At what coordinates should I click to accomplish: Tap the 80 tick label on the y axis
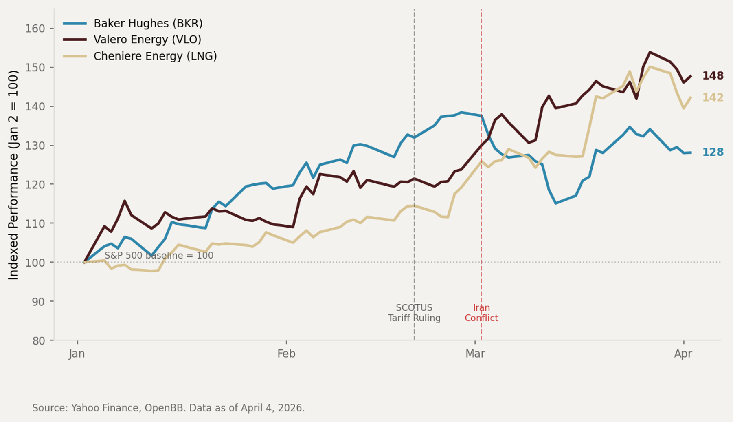39,340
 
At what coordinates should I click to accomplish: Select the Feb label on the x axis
286,354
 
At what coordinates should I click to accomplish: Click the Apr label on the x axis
683,354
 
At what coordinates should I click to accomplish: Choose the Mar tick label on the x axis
475,354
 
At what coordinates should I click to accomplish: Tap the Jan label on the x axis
77,354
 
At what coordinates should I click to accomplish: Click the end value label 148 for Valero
713,76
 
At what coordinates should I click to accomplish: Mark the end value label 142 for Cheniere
713,98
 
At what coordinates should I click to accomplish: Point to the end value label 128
713,152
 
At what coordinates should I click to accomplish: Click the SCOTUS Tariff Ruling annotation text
414,313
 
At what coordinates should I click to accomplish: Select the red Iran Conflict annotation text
481,313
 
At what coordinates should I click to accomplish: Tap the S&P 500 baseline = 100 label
159,256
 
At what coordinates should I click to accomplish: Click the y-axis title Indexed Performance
14,175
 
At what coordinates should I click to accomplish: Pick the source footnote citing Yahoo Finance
168,408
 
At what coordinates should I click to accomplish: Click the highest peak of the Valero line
650,52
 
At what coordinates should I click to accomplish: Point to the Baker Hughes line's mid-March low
555,203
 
